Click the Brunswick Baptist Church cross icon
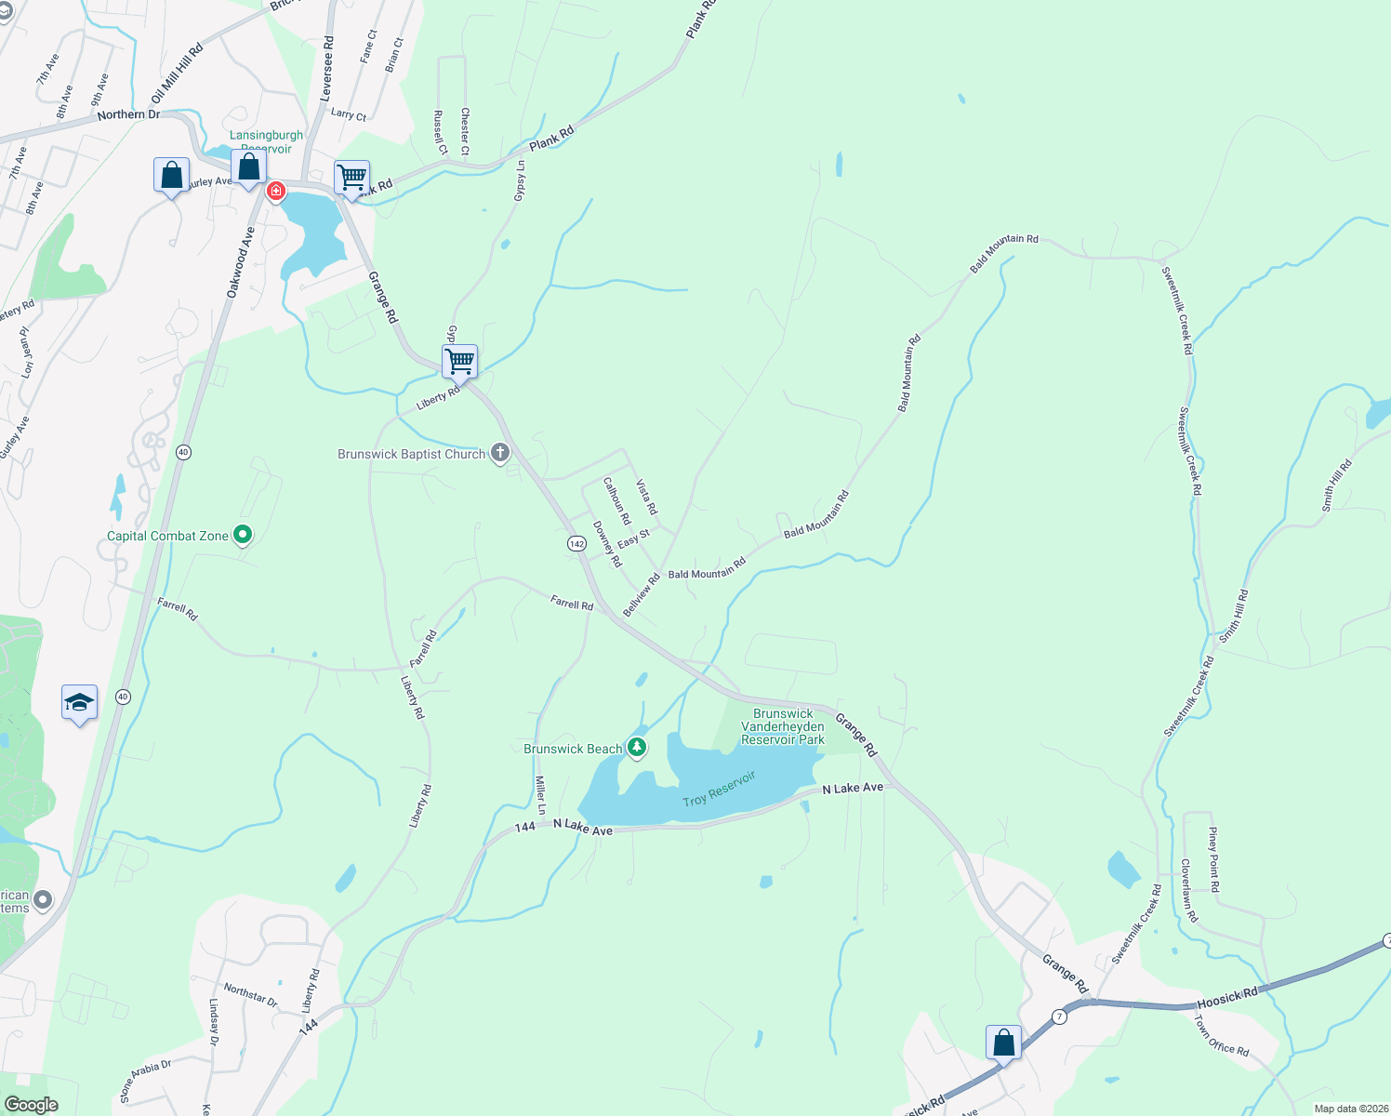[500, 453]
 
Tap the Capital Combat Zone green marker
[243, 535]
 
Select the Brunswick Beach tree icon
[636, 747]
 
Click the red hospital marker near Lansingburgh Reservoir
[276, 192]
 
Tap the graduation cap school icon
[79, 702]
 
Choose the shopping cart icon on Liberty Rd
[459, 361]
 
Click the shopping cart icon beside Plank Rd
[351, 177]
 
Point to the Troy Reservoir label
[719, 789]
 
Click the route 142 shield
[576, 543]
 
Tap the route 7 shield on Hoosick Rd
[1060, 1016]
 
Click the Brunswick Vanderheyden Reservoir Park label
[783, 726]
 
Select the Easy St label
[633, 538]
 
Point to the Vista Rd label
[646, 498]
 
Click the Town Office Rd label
[1222, 1034]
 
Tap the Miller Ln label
[540, 795]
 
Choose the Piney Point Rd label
[1213, 859]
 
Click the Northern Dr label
[128, 114]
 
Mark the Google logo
[31, 1104]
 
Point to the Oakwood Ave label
[240, 262]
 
